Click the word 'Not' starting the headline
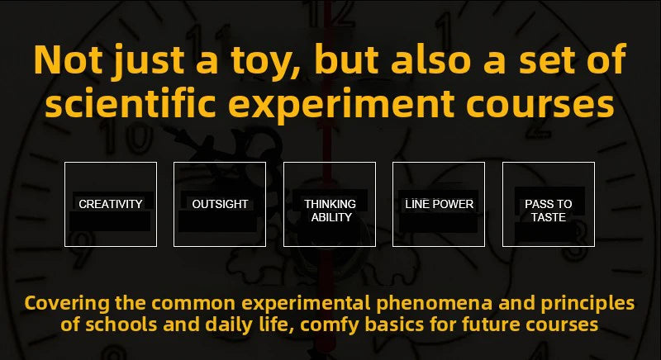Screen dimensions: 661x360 pos(68,59)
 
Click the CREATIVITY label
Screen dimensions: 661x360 pos(111,204)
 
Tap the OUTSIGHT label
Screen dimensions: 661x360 pos(220,204)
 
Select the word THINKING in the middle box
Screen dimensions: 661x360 pos(330,204)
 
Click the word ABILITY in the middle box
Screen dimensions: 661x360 pos(331,217)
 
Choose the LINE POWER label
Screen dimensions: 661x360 pos(440,204)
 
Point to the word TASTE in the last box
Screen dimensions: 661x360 pos(549,217)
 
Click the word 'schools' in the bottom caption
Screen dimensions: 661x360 pos(121,324)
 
